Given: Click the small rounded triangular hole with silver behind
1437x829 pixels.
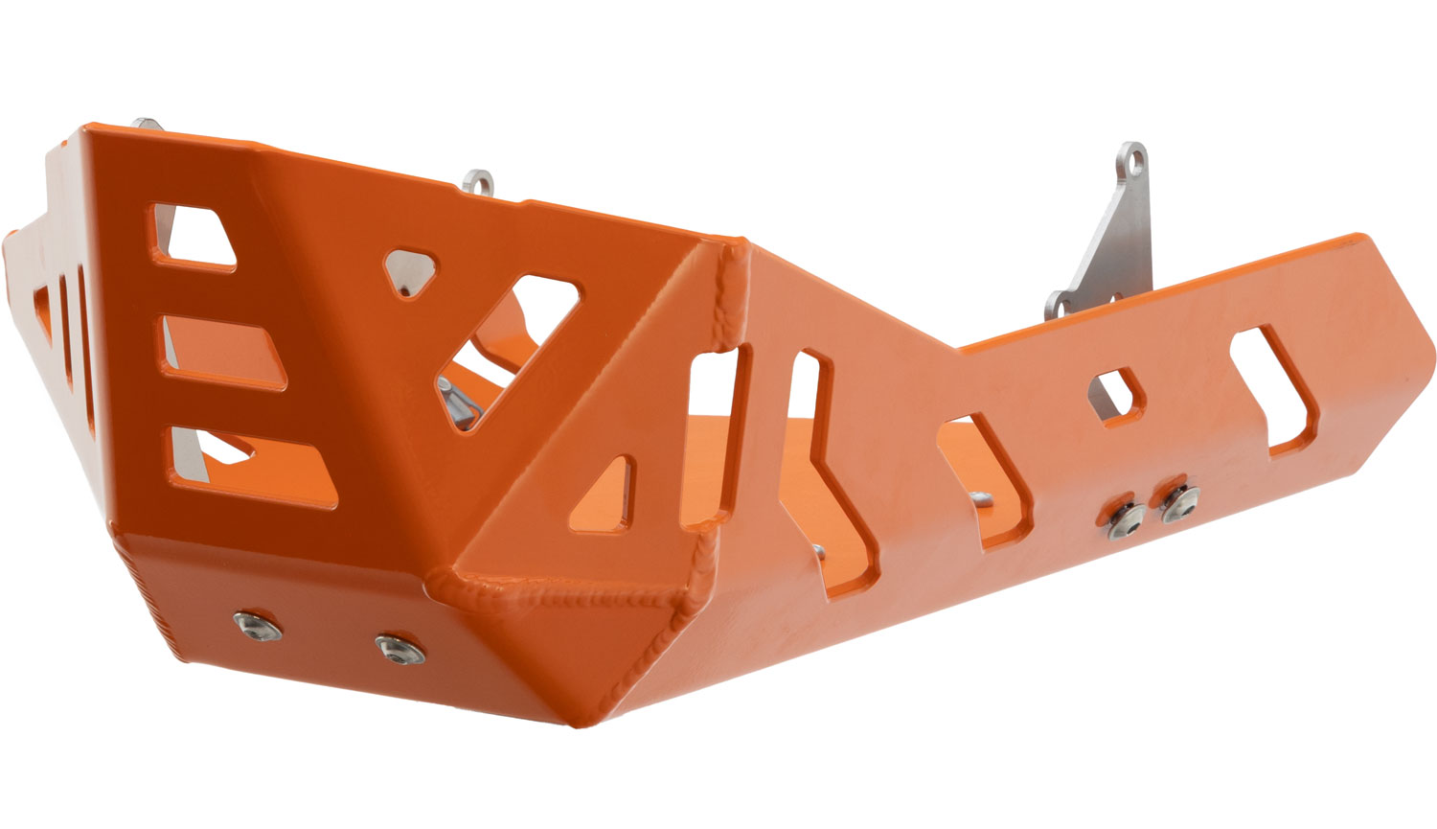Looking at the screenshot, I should (411, 271).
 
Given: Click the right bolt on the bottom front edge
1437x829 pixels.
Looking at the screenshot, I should (398, 649).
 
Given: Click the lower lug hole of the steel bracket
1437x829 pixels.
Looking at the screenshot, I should (1060, 304).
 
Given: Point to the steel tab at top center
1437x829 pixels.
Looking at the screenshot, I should (479, 181).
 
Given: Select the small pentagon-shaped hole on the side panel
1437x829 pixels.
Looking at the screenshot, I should (1116, 392).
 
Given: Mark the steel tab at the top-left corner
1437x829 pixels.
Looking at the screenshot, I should (148, 124).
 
